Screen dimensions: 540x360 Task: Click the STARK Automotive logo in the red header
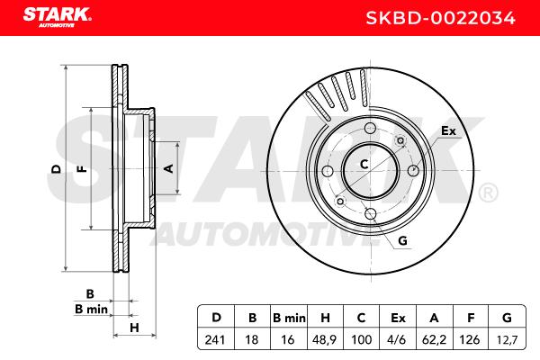[x=58, y=16]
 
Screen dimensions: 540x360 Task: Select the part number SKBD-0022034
[x=440, y=18]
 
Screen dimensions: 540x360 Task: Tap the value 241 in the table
[x=215, y=340]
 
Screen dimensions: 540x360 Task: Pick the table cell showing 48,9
[x=324, y=340]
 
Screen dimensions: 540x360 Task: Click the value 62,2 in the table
[x=434, y=340]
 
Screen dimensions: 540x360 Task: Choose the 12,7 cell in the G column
[x=507, y=340]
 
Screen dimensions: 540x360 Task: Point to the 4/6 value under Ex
[x=396, y=340]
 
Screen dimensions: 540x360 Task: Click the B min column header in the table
[x=289, y=318]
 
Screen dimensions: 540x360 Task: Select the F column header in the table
[x=471, y=318]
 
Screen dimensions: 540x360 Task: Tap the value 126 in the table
[x=470, y=340]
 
